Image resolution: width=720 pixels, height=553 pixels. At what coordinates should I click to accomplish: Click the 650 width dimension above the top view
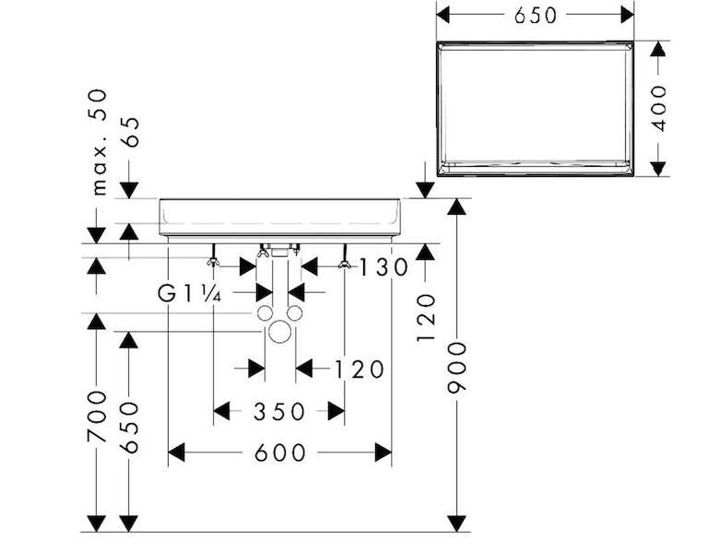535,15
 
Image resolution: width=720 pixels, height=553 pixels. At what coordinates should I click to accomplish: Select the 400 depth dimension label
658,109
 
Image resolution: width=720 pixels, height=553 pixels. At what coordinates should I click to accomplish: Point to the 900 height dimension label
456,368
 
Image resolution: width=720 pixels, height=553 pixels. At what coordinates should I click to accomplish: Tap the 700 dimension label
97,417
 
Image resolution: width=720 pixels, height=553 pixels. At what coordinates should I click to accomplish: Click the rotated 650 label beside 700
128,428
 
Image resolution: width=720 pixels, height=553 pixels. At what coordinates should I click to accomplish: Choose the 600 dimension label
279,453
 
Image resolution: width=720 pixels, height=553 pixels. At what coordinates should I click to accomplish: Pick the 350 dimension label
278,412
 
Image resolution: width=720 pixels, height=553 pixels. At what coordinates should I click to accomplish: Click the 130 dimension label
383,267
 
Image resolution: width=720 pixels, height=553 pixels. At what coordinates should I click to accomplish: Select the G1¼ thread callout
189,293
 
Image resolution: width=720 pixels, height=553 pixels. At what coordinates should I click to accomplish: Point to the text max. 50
99,143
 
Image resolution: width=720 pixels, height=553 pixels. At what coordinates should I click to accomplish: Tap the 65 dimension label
130,132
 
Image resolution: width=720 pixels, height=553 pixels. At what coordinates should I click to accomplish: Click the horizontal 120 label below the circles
359,370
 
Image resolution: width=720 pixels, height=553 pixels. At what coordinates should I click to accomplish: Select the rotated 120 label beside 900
425,318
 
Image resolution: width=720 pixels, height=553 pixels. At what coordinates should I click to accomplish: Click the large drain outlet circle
279,332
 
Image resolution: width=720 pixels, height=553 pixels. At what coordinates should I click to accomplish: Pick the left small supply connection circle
265,313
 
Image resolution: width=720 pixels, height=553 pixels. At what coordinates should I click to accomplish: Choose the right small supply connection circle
294,313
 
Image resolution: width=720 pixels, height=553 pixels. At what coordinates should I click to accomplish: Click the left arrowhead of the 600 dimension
176,453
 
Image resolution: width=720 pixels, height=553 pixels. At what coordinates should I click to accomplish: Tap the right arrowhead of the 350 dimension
336,411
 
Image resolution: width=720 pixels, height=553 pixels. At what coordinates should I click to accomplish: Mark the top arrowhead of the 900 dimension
456,206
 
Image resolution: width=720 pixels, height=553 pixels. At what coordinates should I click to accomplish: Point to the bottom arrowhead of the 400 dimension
658,169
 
